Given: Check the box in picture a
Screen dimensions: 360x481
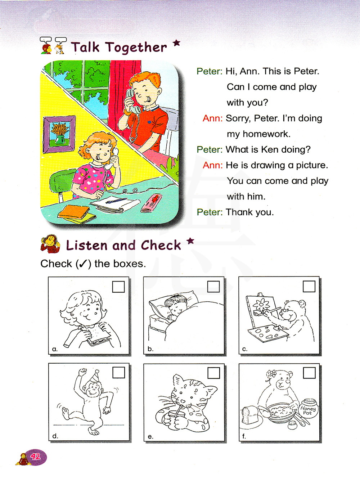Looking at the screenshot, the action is (118, 287).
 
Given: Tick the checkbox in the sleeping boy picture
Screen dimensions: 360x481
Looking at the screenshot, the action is (213, 287).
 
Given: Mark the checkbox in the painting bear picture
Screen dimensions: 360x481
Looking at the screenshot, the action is (309, 287).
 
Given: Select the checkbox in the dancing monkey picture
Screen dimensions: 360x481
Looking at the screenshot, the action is (118, 373).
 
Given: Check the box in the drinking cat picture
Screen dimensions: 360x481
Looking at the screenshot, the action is (213, 373).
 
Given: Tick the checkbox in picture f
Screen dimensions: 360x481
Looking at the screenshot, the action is (309, 373).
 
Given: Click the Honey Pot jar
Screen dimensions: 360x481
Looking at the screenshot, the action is (308, 408).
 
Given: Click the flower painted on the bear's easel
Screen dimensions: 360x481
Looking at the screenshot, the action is (261, 305).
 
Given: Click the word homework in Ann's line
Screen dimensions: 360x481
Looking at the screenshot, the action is (266, 134).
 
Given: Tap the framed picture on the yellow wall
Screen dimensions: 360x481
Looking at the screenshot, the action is (59, 134).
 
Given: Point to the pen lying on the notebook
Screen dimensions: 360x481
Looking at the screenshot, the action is (116, 201).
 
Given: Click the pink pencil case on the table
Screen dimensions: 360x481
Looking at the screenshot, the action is (152, 203).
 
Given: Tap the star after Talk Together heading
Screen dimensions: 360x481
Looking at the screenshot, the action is (176, 43).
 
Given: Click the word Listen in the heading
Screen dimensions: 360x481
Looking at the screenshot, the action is (87, 245).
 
